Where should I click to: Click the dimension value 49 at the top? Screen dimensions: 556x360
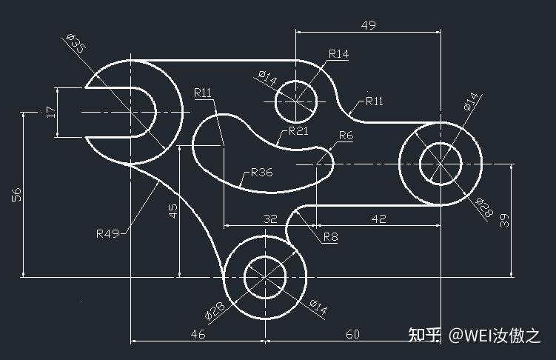368,25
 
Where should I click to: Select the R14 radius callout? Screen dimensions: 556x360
338,54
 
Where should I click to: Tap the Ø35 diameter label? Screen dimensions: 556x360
76,43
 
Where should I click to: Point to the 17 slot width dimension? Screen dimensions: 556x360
51,112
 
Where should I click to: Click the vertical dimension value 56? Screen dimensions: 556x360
17,195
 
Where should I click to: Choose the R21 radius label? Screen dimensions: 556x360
298,131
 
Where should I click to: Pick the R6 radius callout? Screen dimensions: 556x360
346,136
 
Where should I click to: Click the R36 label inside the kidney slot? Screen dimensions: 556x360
261,173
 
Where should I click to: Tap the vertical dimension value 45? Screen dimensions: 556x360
173,210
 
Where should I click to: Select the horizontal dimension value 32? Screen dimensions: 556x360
270,219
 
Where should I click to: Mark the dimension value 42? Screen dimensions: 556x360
379,219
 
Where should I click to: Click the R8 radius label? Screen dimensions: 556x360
330,236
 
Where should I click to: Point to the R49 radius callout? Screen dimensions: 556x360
108,233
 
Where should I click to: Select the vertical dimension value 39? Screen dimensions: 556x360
504,220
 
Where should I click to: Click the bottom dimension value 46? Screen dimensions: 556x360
198,334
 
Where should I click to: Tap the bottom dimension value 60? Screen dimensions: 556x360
352,334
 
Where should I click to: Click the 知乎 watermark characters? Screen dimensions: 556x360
424,335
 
